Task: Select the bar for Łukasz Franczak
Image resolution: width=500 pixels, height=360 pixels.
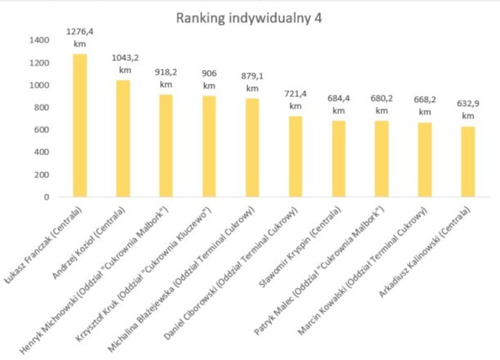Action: tap(80, 125)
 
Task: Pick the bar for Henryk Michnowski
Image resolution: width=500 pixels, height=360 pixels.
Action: tap(166, 145)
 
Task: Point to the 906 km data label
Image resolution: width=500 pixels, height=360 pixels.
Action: tap(209, 80)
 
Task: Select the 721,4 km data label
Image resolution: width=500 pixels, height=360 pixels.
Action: tap(295, 100)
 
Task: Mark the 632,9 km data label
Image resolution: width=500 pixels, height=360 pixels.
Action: tap(468, 110)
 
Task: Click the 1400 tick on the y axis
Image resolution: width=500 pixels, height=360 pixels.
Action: tap(39, 40)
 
